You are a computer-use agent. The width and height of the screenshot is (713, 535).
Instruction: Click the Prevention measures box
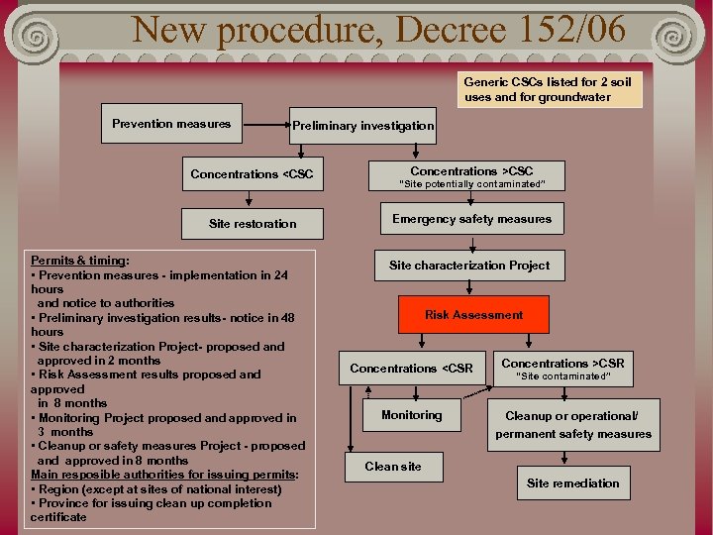pyautogui.click(x=171, y=124)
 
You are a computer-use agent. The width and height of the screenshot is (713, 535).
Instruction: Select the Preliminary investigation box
pyautogui.click(x=362, y=126)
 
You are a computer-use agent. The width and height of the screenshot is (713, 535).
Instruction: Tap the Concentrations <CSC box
pyautogui.click(x=252, y=174)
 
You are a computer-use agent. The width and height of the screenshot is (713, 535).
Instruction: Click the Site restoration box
pyautogui.click(x=253, y=224)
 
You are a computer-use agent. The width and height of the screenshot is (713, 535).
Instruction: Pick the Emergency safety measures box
pyautogui.click(x=471, y=219)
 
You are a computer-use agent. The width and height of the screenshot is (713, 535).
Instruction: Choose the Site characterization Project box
pyautogui.click(x=469, y=265)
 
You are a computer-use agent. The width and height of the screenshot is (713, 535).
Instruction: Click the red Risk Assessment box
pyautogui.click(x=473, y=315)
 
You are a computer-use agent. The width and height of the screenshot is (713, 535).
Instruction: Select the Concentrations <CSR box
pyautogui.click(x=411, y=369)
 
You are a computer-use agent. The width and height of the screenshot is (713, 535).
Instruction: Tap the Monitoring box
pyautogui.click(x=411, y=415)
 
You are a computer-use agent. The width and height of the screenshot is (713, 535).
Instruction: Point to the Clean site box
pyautogui.click(x=393, y=467)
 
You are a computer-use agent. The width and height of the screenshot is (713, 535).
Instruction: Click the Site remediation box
pyautogui.click(x=572, y=483)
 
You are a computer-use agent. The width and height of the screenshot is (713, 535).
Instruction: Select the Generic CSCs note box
pyautogui.click(x=552, y=90)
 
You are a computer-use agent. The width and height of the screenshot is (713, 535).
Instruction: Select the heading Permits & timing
pyautogui.click(x=79, y=261)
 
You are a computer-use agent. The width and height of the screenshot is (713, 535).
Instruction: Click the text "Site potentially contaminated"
pyautogui.click(x=471, y=184)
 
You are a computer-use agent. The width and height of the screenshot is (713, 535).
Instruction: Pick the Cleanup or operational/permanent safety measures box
pyautogui.click(x=573, y=425)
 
